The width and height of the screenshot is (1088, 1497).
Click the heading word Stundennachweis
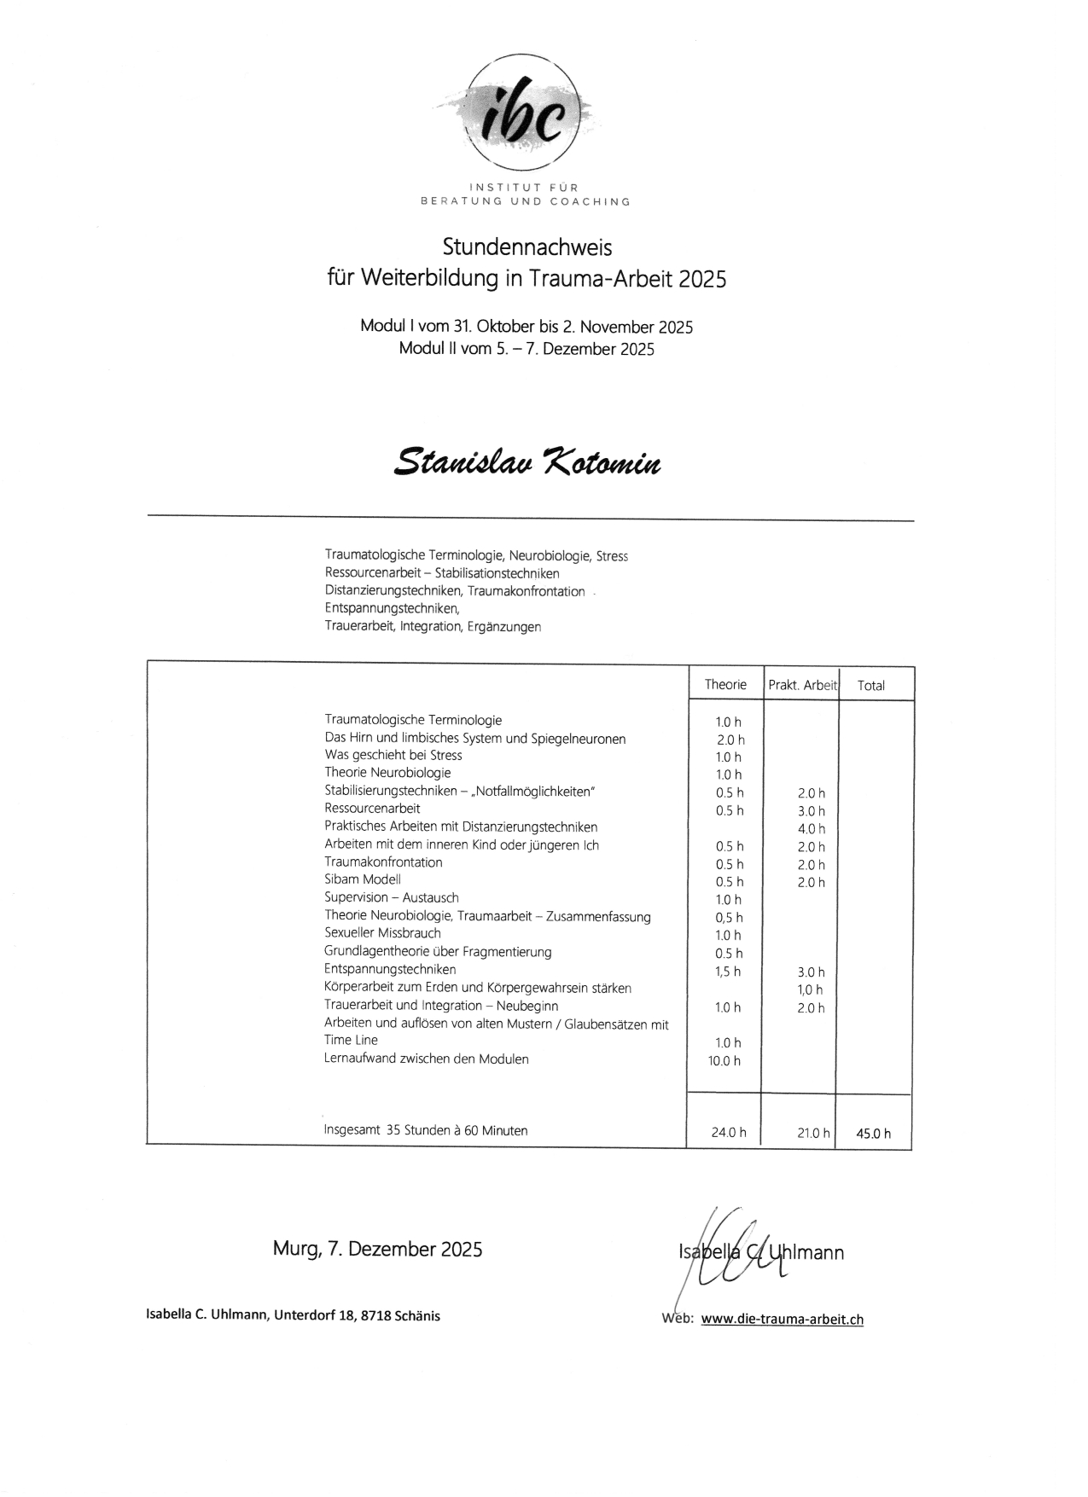(527, 247)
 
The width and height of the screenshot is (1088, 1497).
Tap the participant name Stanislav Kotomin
(527, 461)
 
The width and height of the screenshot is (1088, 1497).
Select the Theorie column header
(725, 684)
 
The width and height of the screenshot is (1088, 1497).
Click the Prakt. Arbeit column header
(802, 685)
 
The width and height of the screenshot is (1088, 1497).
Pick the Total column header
(870, 685)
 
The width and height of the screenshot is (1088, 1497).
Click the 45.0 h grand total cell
(873, 1134)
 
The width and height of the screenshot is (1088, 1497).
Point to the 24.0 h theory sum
(728, 1133)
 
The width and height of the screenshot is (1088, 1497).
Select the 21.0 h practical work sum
(812, 1133)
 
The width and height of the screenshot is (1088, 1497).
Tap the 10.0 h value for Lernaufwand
(724, 1061)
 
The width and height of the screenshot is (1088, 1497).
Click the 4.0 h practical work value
(811, 829)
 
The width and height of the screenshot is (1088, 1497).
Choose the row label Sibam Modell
(363, 879)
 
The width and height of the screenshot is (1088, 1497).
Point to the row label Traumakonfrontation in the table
(383, 862)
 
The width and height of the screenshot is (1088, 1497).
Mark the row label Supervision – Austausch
(392, 897)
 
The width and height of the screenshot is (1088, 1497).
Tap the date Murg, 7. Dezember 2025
(377, 1250)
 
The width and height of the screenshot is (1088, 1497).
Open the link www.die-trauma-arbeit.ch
(782, 1320)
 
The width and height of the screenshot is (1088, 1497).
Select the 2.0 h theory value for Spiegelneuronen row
(730, 740)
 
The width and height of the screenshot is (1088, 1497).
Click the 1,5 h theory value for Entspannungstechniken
(728, 972)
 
